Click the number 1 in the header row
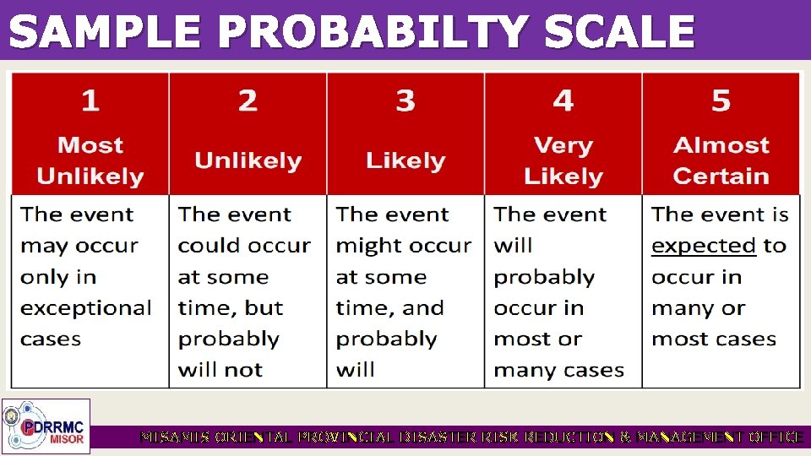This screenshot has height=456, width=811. point(90,101)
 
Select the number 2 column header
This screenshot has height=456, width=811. point(248,101)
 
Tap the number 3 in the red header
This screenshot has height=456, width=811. point(405,101)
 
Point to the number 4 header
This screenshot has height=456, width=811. point(563,101)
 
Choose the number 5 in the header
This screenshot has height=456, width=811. point(721,101)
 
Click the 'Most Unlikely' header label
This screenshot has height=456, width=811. point(90,160)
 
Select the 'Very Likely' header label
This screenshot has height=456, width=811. point(563,160)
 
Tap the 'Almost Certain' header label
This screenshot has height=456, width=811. point(721,160)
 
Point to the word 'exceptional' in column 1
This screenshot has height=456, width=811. point(86,308)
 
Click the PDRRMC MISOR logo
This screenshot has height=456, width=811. point(46,426)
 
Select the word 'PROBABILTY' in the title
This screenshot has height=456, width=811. point(372,34)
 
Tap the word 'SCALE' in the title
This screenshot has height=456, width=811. point(619,34)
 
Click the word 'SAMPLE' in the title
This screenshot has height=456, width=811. point(106,34)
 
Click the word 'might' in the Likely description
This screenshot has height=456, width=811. point(366,246)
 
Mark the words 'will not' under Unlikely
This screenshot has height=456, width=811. point(220,370)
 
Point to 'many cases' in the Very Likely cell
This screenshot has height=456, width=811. point(558,370)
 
